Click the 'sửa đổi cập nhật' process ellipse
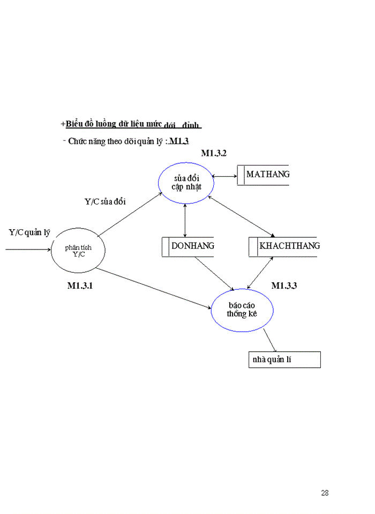click(186, 183)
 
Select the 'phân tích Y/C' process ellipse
click(78, 250)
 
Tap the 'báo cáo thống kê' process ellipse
click(242, 310)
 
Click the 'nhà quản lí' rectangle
click(284, 360)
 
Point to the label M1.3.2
click(214, 154)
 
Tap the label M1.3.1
click(80, 286)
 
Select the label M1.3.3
click(284, 286)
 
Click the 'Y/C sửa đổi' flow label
click(105, 202)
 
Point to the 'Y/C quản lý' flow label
click(29, 232)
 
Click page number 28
click(325, 493)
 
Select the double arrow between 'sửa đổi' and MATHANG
click(225, 176)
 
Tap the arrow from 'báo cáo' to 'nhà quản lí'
click(270, 341)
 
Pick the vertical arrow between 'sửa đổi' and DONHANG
click(185, 220)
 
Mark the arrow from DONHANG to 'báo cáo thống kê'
click(214, 274)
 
